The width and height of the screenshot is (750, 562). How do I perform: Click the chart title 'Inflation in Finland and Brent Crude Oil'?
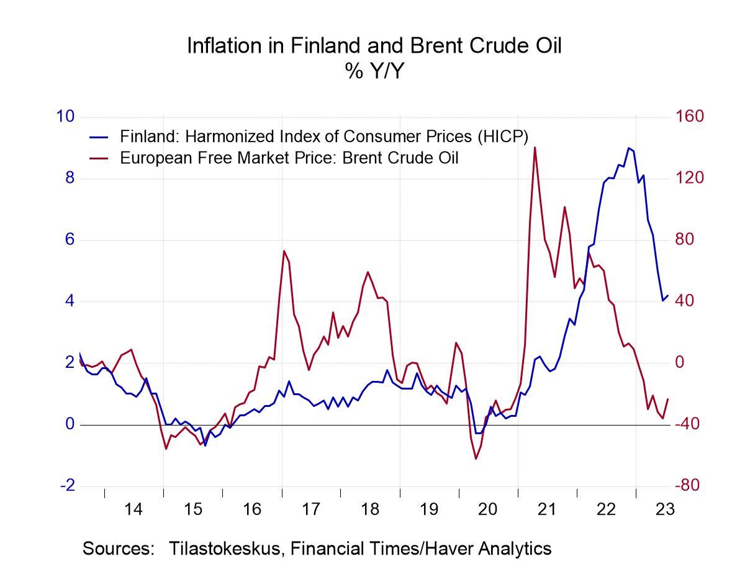click(374, 46)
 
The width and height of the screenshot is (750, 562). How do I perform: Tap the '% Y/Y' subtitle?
click(374, 72)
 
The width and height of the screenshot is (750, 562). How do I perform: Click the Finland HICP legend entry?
click(323, 135)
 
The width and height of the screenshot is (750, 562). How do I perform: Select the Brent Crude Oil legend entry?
click(289, 158)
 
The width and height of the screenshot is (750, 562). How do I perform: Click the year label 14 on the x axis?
click(133, 510)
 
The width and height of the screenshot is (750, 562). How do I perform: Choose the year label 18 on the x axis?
click(370, 510)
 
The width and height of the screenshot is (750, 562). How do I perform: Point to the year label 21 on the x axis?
click(547, 510)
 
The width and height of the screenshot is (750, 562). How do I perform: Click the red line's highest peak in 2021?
click(535, 147)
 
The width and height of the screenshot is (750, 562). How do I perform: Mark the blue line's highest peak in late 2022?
click(628, 148)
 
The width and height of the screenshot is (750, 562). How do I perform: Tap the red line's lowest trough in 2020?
click(476, 459)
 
